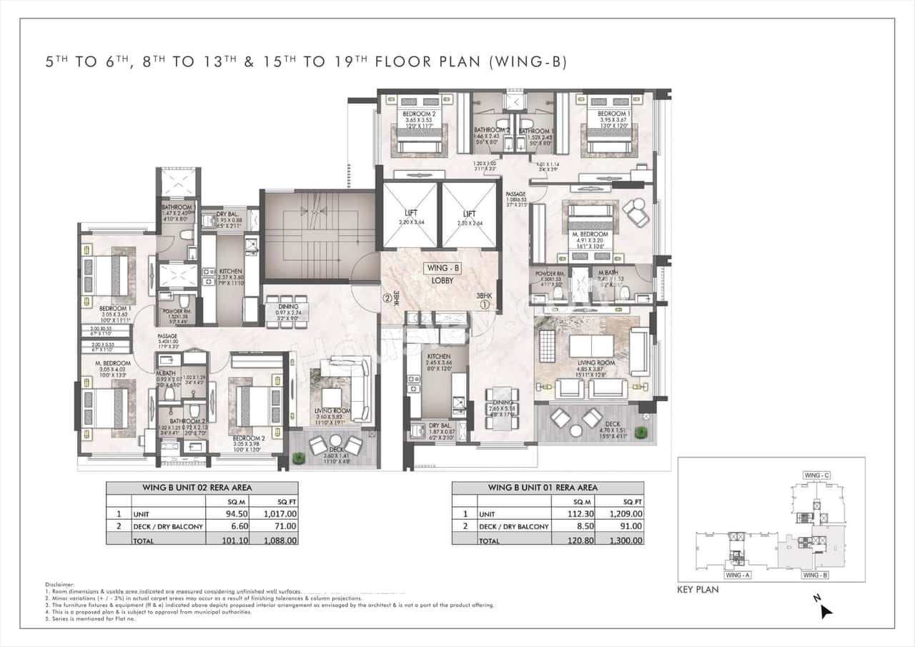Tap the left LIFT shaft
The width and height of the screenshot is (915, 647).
410,214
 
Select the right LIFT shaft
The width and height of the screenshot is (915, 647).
469,214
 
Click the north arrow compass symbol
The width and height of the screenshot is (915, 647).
826,611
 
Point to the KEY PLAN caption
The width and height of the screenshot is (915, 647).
698,590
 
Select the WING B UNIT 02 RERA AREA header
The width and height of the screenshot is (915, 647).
202,488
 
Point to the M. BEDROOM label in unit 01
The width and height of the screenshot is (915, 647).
590,234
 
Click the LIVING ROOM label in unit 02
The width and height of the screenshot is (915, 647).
332,411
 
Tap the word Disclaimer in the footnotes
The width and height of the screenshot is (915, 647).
59,584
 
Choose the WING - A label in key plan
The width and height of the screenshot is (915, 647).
737,575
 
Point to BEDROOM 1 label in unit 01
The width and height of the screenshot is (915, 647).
614,114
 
